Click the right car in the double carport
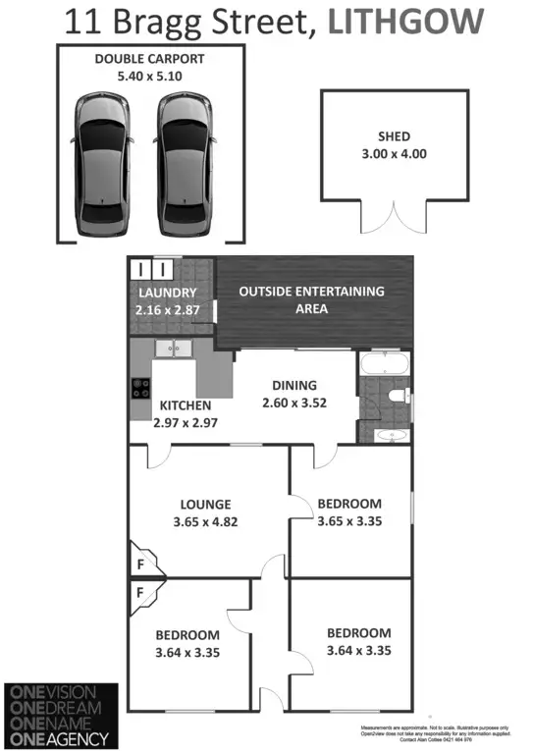[184, 162]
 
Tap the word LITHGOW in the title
[406, 21]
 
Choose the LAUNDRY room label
[167, 293]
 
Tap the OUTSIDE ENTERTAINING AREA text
[311, 299]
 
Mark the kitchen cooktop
[138, 388]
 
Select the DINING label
[293, 386]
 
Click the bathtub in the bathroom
[384, 367]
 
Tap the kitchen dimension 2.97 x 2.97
[187, 422]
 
